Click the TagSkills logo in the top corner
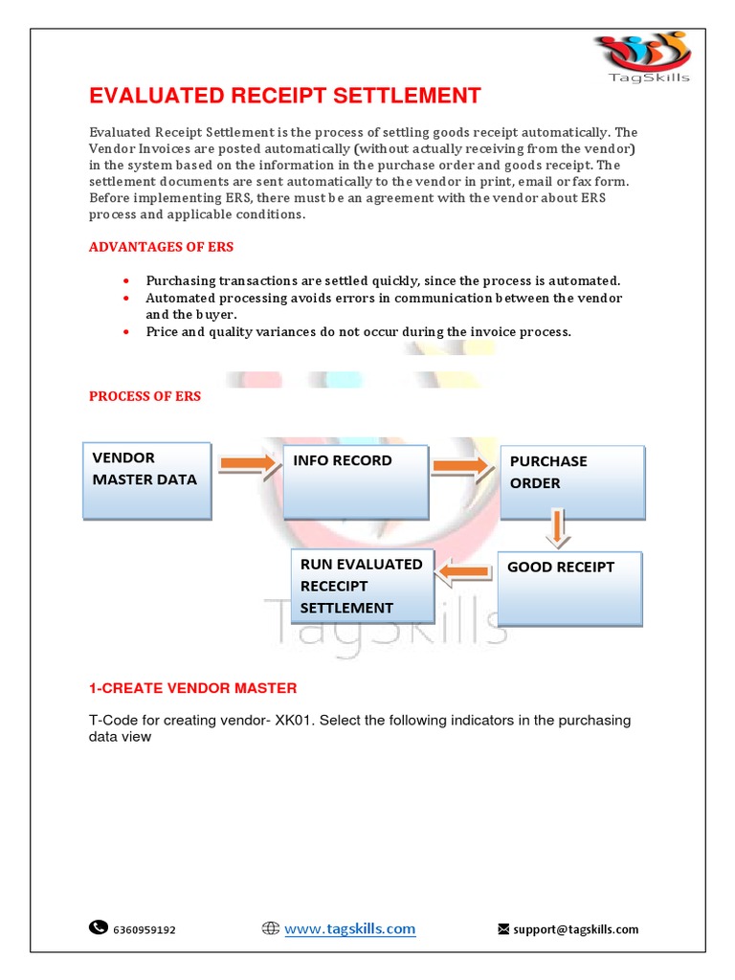[x=640, y=57]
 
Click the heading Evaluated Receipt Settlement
[x=284, y=96]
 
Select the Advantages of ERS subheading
[x=161, y=247]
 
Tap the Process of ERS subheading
[x=145, y=396]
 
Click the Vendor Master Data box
[x=146, y=480]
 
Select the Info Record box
[x=354, y=481]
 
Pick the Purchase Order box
[x=572, y=481]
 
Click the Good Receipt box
[x=569, y=588]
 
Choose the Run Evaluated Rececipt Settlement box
[x=362, y=586]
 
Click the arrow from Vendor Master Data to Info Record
[x=245, y=465]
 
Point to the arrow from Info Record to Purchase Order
[x=459, y=466]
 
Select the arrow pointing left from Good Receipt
[x=464, y=572]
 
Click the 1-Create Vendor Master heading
[x=192, y=688]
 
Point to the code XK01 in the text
[x=294, y=720]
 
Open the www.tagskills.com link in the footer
[x=350, y=928]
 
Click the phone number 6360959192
[x=145, y=929]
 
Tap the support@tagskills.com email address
[x=576, y=929]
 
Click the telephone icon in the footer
[x=99, y=927]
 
